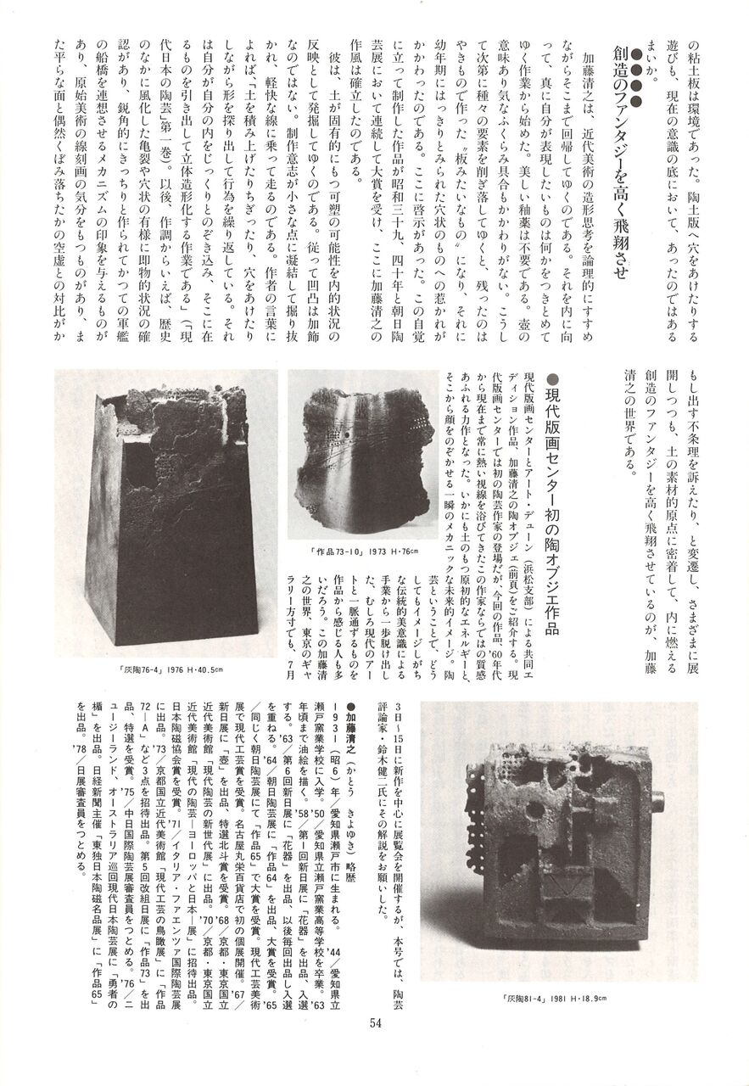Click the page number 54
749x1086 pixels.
pos(376,1045)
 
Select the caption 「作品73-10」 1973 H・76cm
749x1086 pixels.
pos(365,551)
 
